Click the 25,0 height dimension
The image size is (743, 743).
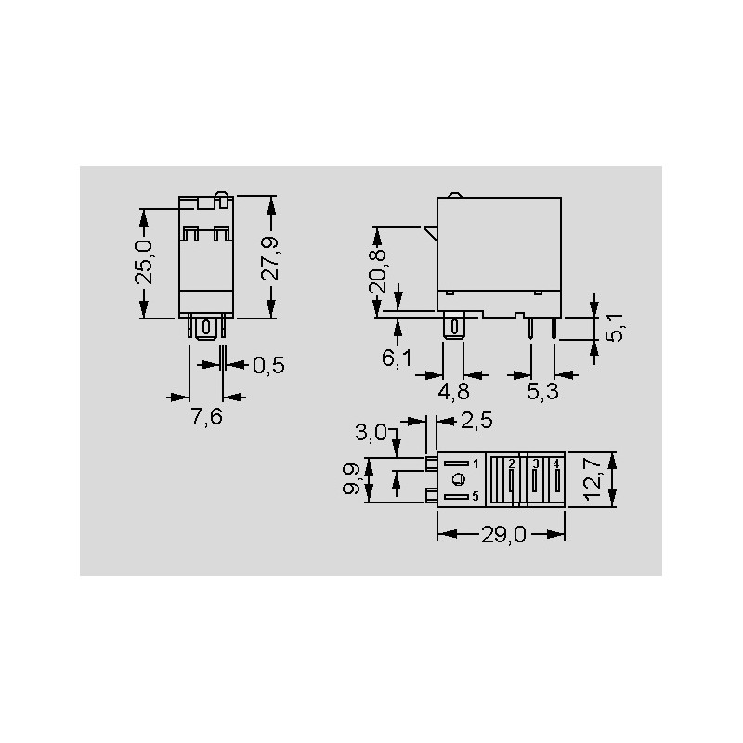coord(144,262)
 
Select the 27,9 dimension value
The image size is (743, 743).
coord(270,259)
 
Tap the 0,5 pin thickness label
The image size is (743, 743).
coord(268,365)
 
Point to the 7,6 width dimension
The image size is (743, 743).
coord(206,417)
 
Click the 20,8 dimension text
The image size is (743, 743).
coord(377,272)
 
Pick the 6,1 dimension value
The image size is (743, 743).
coord(397,358)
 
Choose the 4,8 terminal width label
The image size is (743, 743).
coord(453,392)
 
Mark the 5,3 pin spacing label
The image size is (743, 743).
coord(542,392)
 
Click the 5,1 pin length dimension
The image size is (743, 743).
coord(615,328)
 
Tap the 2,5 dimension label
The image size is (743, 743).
coord(476,421)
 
